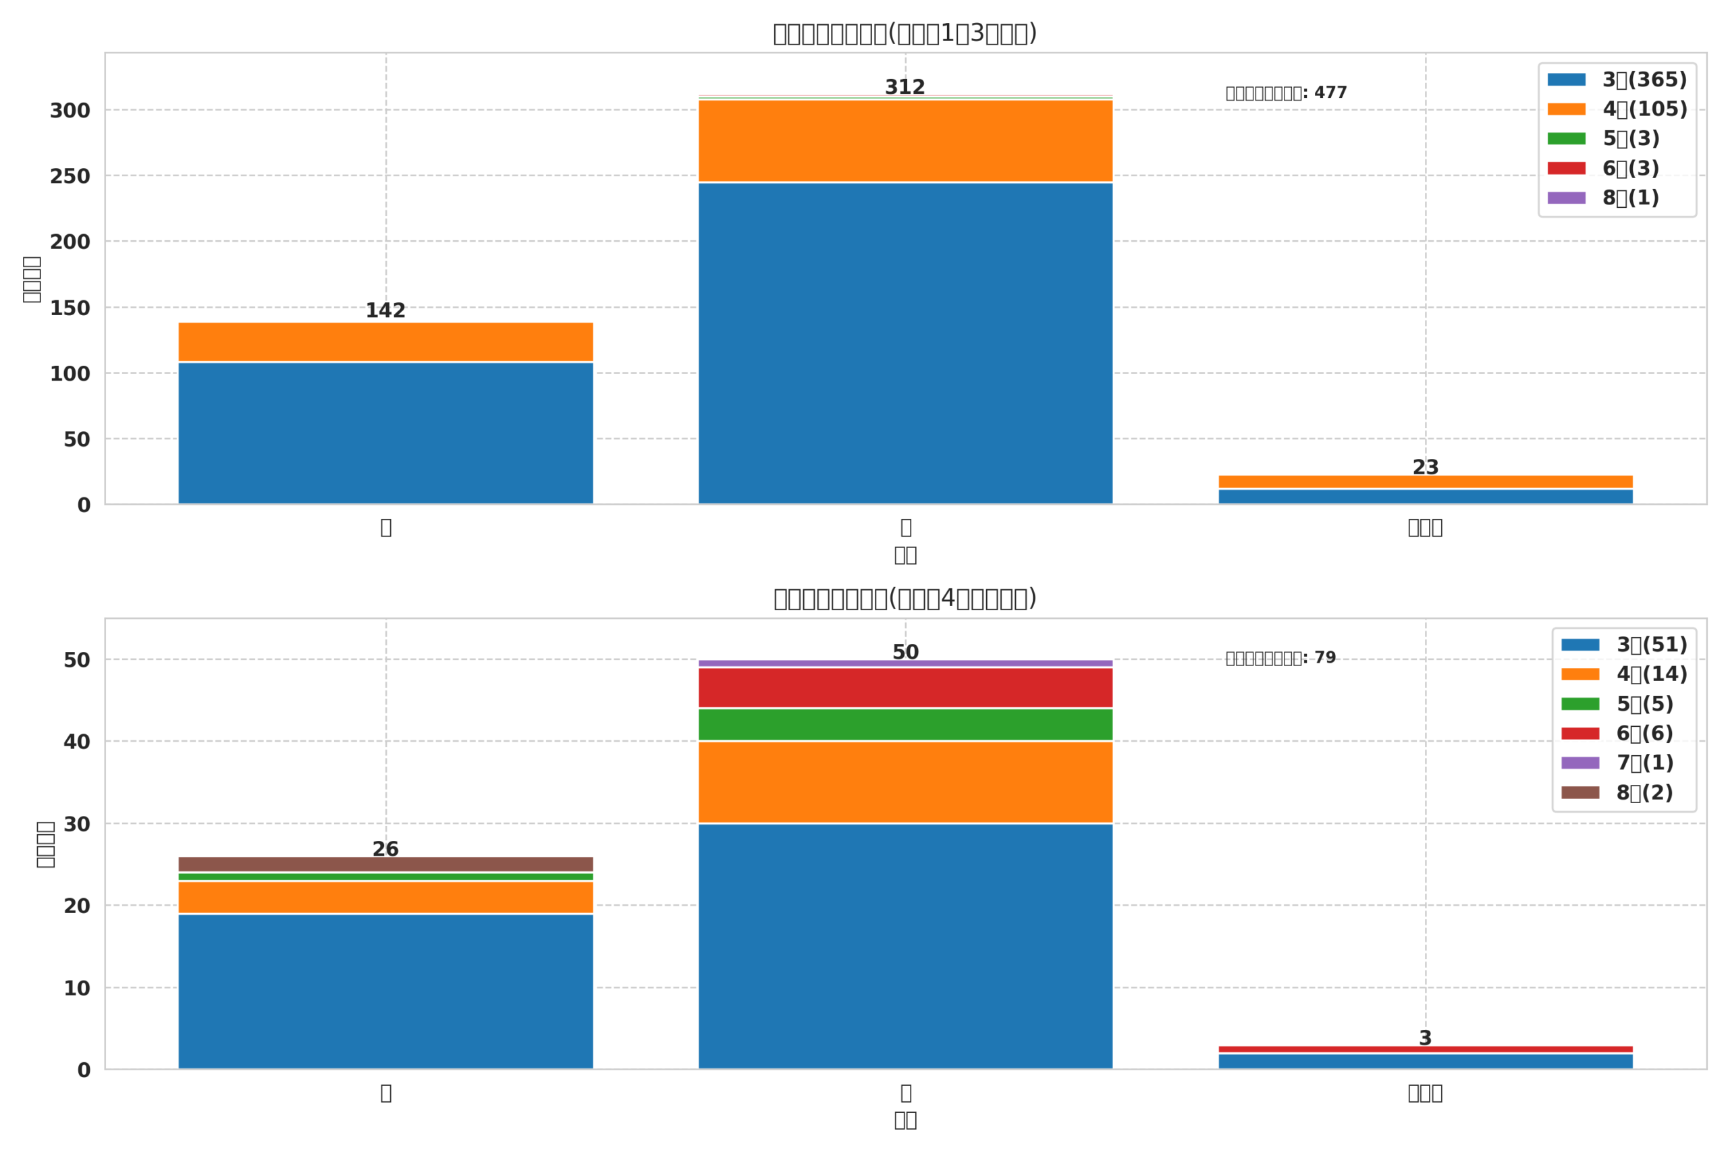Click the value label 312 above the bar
point(905,88)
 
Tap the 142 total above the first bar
point(385,310)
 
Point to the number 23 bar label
point(1426,467)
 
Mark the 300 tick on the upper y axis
point(70,111)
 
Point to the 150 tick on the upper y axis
point(70,308)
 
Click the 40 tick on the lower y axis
point(76,742)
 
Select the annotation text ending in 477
point(1286,93)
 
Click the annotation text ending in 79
point(1280,658)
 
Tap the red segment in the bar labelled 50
point(905,688)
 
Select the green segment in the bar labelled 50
point(905,724)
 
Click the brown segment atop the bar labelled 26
point(385,864)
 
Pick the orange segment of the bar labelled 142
point(385,341)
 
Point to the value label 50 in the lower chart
point(905,653)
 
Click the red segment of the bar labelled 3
point(1426,1049)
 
